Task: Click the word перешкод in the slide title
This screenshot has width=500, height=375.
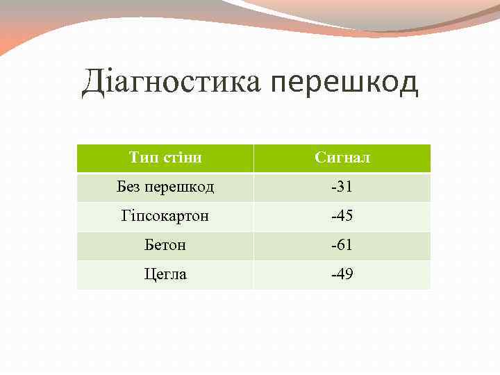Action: click(x=344, y=83)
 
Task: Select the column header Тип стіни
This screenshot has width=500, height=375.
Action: click(x=165, y=158)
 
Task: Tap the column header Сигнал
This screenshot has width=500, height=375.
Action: click(x=342, y=158)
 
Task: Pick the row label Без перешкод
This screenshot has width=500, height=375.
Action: click(x=165, y=187)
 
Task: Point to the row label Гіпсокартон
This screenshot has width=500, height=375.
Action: click(x=165, y=216)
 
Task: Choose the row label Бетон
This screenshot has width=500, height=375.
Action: click(x=165, y=245)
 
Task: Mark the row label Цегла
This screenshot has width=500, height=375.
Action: click(x=165, y=274)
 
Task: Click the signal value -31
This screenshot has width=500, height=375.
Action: click(x=342, y=187)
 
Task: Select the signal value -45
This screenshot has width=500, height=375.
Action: click(x=342, y=216)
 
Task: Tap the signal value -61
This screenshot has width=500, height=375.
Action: click(x=342, y=245)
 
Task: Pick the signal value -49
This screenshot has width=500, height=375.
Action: click(x=342, y=274)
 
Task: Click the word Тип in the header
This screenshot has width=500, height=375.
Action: click(x=142, y=158)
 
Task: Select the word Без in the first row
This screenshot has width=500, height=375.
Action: click(x=129, y=187)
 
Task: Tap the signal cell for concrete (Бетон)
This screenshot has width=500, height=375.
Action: click(x=342, y=245)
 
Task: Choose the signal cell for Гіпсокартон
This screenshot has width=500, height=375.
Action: click(x=342, y=216)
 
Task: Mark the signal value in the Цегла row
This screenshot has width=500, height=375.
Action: click(x=342, y=274)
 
